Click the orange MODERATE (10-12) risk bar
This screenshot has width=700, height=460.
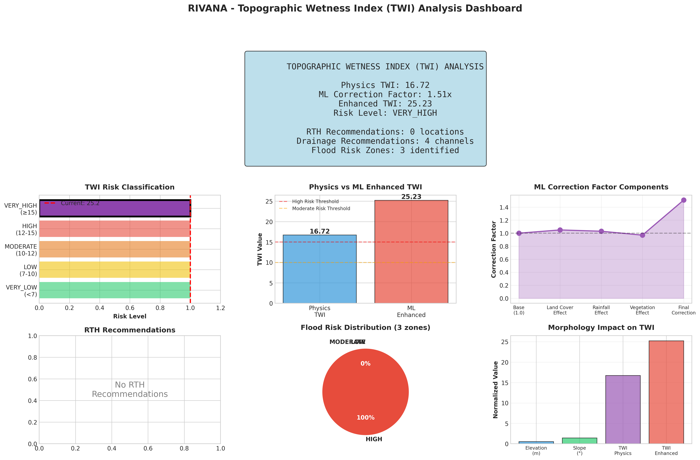[115, 249]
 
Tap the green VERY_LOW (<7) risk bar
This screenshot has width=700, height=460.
[115, 290]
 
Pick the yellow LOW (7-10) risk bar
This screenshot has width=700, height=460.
[115, 269]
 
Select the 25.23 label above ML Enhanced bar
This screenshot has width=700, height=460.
[411, 197]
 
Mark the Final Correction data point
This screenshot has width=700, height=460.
[684, 200]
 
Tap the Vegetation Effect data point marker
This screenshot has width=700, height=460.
[642, 235]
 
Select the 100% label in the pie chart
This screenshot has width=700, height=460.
[366, 418]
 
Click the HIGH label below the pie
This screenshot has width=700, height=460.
[374, 439]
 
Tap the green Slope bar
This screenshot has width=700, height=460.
[579, 441]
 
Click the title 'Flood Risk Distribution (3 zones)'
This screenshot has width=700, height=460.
[365, 328]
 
